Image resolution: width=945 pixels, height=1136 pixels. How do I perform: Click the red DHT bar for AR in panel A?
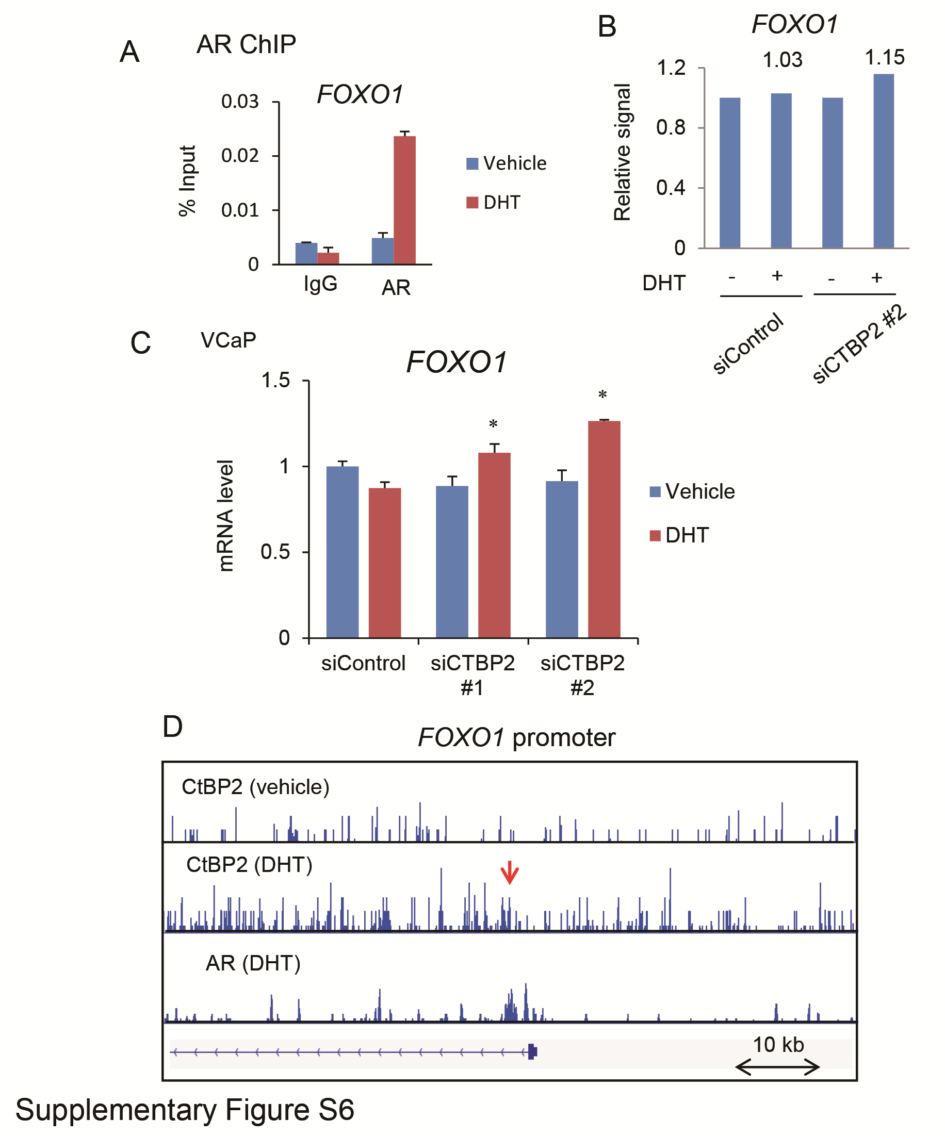pyautogui.click(x=404, y=200)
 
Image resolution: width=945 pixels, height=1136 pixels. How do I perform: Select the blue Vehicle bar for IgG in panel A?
pyautogui.click(x=306, y=253)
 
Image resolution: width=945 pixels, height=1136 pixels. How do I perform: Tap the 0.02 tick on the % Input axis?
pyautogui.click(x=240, y=156)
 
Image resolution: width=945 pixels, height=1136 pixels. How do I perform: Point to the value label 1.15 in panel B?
pyautogui.click(x=884, y=57)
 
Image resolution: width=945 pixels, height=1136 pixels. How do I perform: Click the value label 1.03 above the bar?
pyautogui.click(x=782, y=59)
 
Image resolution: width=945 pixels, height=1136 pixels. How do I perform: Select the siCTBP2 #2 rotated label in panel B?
pyautogui.click(x=859, y=344)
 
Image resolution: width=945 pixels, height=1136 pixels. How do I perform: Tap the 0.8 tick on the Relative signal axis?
pyautogui.click(x=671, y=128)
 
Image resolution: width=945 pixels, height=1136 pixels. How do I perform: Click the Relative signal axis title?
pyautogui.click(x=623, y=153)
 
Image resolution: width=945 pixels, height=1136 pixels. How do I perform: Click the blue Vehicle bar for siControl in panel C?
pyautogui.click(x=342, y=552)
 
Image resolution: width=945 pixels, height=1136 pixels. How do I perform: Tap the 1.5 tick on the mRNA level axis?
pyautogui.click(x=275, y=380)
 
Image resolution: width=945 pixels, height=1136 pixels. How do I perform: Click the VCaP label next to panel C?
pyautogui.click(x=228, y=340)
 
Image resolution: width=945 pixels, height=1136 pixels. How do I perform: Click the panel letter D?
pyautogui.click(x=173, y=727)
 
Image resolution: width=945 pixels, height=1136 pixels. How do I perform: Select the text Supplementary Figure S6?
pyautogui.click(x=185, y=1110)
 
